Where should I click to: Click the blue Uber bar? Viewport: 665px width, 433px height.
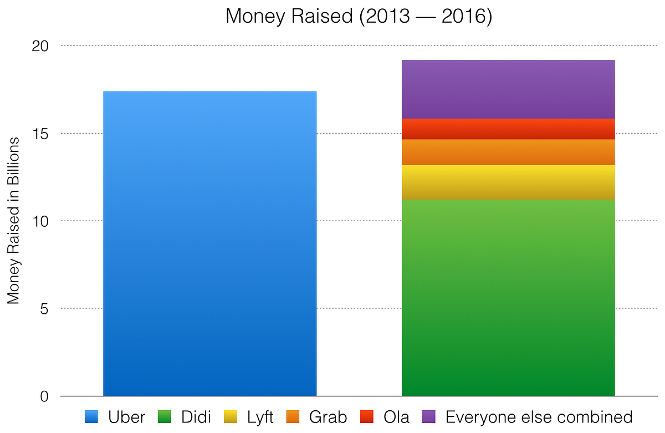pyautogui.click(x=209, y=243)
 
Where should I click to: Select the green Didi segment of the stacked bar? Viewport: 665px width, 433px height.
pyautogui.click(x=508, y=298)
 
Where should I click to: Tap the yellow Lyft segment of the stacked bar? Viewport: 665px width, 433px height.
pyautogui.click(x=508, y=182)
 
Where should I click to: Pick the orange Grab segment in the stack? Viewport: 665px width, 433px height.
pyautogui.click(x=508, y=152)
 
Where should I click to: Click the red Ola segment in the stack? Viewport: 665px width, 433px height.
pyautogui.click(x=508, y=129)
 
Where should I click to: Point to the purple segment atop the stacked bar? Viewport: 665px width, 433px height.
pyautogui.click(x=508, y=89)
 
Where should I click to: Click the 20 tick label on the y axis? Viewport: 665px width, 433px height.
pyautogui.click(x=40, y=47)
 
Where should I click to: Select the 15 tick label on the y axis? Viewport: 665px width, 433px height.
pyautogui.click(x=40, y=134)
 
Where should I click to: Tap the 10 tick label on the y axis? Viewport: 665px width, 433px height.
pyautogui.click(x=40, y=221)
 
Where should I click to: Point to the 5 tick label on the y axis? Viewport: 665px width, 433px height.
pyautogui.click(x=44, y=309)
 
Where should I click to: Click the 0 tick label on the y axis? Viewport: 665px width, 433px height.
pyautogui.click(x=44, y=396)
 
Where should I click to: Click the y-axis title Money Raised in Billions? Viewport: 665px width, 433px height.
pyautogui.click(x=13, y=221)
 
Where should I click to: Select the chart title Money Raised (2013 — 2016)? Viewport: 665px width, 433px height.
pyautogui.click(x=359, y=16)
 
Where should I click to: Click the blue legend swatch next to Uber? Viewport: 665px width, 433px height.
pyautogui.click(x=91, y=416)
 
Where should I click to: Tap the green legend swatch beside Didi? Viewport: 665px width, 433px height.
pyautogui.click(x=165, y=416)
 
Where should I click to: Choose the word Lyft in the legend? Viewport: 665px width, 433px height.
pyautogui.click(x=260, y=417)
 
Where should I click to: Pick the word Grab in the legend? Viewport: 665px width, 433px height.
pyautogui.click(x=328, y=417)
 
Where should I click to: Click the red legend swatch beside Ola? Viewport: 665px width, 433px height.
pyautogui.click(x=367, y=416)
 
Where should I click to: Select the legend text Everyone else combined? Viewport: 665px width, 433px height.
pyautogui.click(x=539, y=417)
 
